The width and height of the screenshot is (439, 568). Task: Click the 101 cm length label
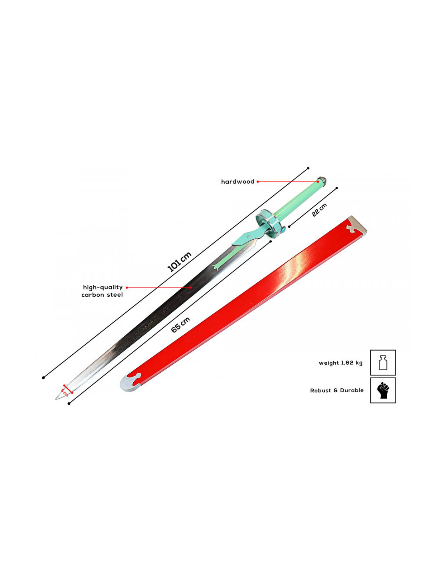point(179,261)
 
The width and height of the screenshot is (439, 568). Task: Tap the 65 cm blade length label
point(180,325)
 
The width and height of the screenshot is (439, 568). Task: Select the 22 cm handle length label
point(319,210)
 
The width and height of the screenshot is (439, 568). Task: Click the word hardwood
point(237,182)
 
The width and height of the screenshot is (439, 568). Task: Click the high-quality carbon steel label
point(102,291)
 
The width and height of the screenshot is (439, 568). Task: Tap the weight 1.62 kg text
point(340,363)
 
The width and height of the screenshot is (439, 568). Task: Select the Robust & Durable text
point(337,391)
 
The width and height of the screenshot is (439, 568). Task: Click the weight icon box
point(383,363)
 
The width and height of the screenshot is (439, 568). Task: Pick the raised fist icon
point(383,391)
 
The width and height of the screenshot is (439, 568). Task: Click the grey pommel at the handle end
point(322,181)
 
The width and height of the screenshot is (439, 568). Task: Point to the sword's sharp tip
point(55,399)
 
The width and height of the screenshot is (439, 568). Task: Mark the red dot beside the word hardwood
point(257,182)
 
